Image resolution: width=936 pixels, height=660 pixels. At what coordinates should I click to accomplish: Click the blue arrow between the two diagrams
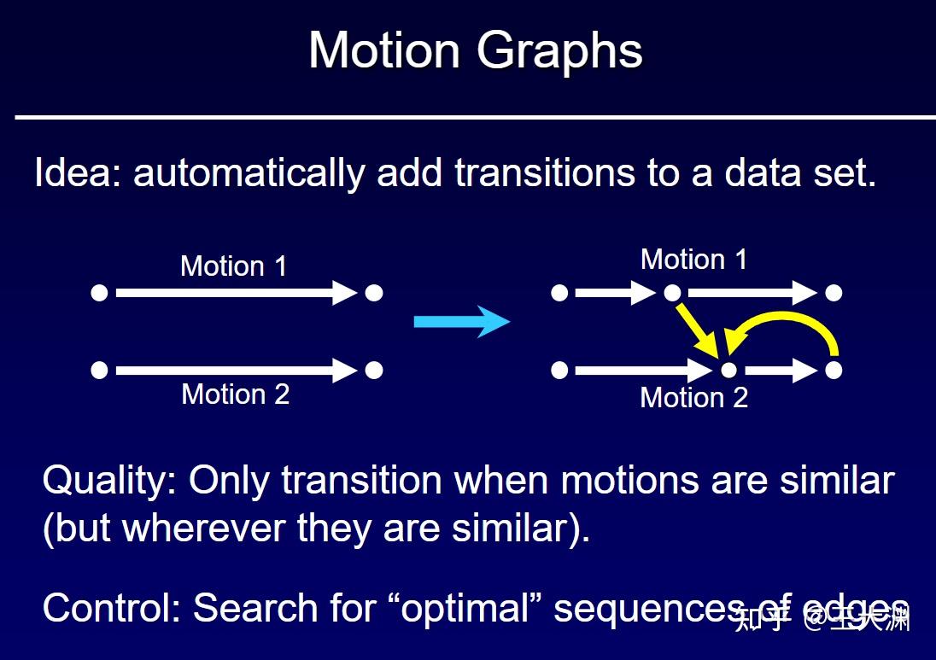(x=461, y=322)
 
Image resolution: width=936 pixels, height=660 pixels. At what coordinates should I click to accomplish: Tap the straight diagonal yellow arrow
(x=698, y=331)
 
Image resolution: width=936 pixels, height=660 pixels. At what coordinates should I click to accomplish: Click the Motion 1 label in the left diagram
(x=233, y=266)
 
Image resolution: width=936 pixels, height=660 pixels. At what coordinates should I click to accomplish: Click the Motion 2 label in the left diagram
(x=235, y=394)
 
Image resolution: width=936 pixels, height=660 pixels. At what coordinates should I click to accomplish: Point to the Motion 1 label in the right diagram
(x=693, y=260)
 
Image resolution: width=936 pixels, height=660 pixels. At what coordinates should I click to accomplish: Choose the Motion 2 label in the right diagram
(x=693, y=397)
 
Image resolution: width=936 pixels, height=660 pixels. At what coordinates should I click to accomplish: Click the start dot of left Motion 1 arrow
(x=99, y=293)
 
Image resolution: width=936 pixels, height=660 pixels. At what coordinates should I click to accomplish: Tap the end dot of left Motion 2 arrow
(x=373, y=371)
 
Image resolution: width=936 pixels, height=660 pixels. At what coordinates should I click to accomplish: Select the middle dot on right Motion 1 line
(x=672, y=293)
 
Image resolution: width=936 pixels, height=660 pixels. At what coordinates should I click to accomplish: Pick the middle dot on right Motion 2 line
(x=728, y=371)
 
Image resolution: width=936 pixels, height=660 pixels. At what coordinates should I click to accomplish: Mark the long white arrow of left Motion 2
(x=235, y=371)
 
